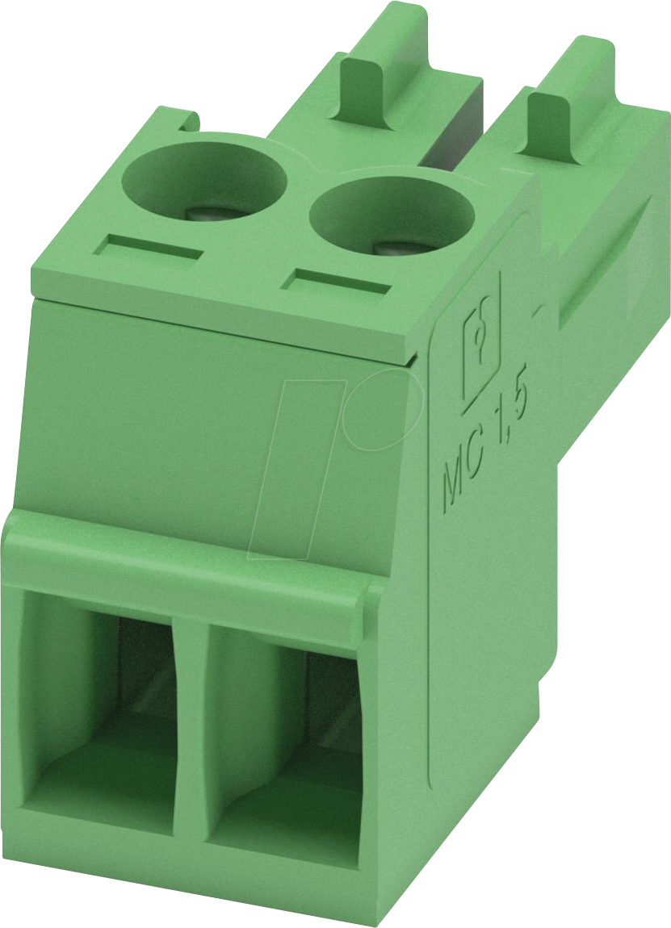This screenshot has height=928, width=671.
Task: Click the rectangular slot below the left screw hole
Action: coord(148,247)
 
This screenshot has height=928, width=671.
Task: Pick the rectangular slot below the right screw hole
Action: coord(338,282)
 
